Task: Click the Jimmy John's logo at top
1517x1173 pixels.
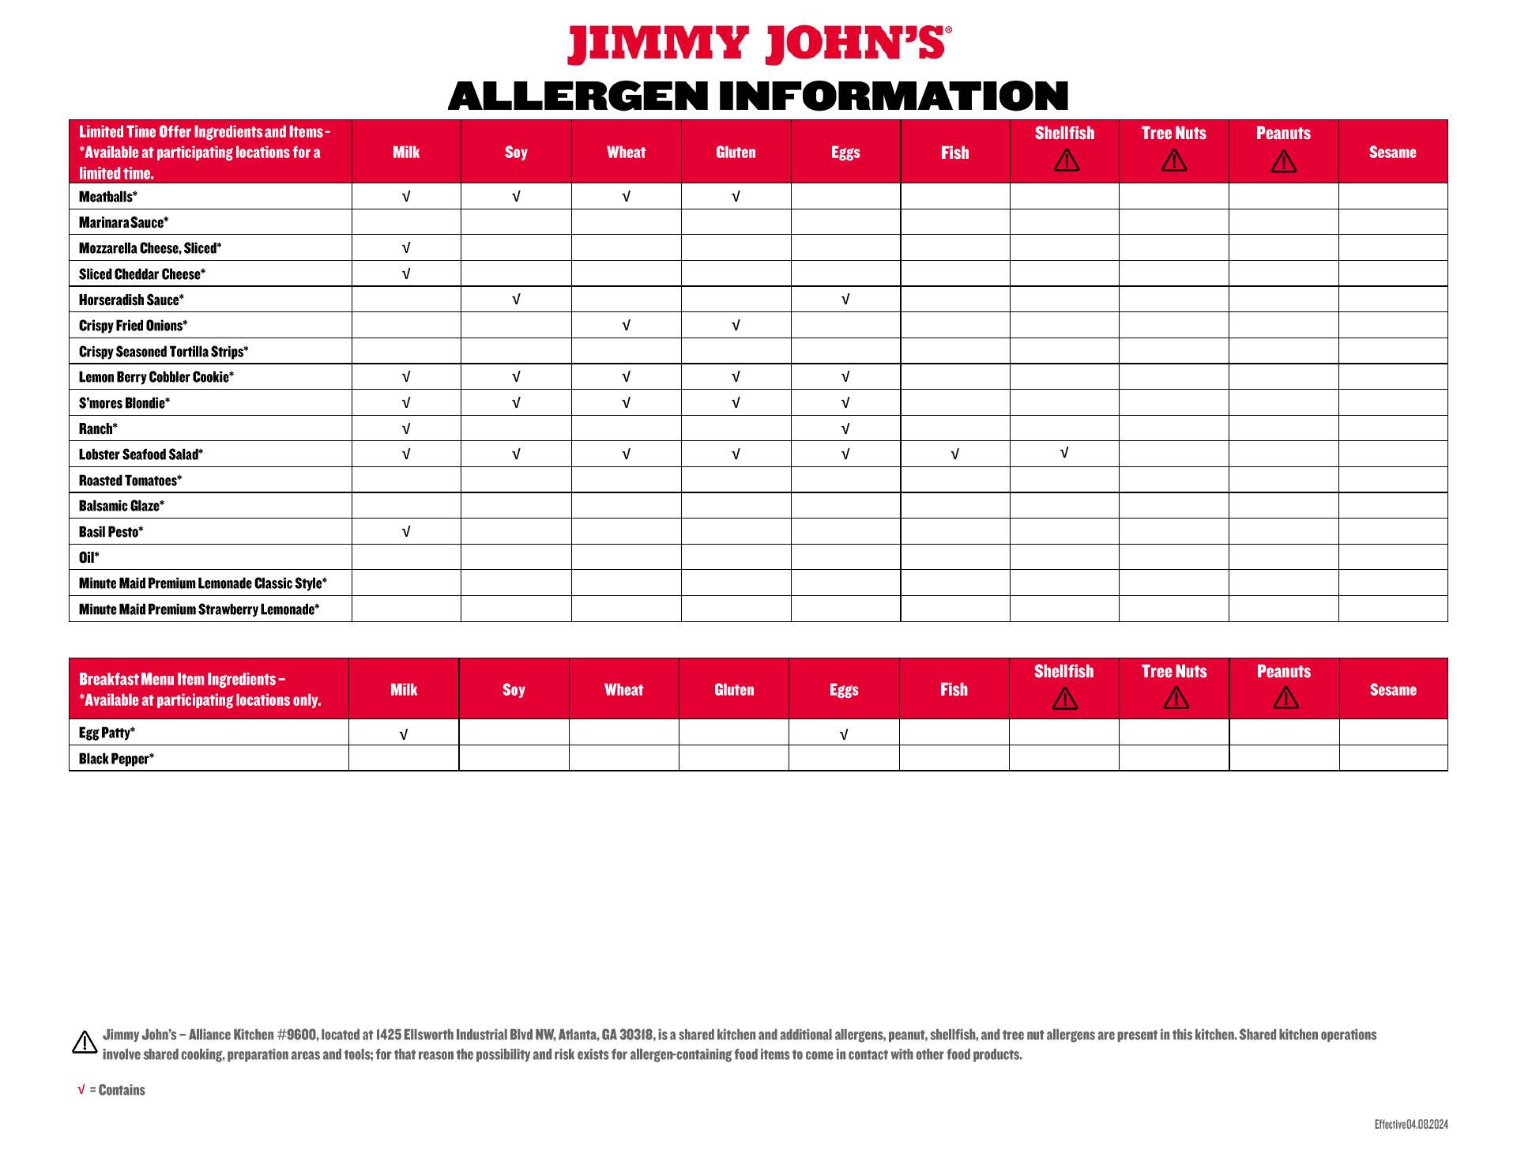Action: (x=758, y=44)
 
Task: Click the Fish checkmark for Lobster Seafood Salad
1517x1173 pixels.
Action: (x=954, y=454)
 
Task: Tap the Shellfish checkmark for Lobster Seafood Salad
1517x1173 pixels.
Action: (x=1064, y=453)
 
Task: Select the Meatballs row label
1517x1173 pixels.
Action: (x=108, y=197)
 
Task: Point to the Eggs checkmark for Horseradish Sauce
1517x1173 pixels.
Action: (x=845, y=300)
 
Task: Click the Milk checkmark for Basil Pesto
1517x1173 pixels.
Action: (x=406, y=532)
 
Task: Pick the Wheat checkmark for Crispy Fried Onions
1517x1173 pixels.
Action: (x=626, y=326)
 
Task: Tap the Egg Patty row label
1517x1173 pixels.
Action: (x=107, y=733)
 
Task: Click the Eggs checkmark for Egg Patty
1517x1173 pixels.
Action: (x=844, y=735)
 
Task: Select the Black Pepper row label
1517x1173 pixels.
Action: (x=116, y=759)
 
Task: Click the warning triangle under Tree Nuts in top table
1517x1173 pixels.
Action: (x=1174, y=161)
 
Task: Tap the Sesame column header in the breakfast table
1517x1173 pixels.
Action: (x=1393, y=690)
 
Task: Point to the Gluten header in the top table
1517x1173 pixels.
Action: (x=736, y=153)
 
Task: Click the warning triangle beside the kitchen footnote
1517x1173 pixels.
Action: (x=85, y=1043)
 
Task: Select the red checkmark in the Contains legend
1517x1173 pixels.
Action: (x=81, y=1090)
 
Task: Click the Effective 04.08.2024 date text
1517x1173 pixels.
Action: (x=1411, y=1125)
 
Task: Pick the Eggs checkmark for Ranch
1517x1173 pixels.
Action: (x=845, y=429)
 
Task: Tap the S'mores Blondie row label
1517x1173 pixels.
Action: (x=124, y=403)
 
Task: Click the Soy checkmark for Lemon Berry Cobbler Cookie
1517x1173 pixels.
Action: (x=516, y=377)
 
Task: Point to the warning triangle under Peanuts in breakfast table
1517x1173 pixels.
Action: (x=1286, y=698)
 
